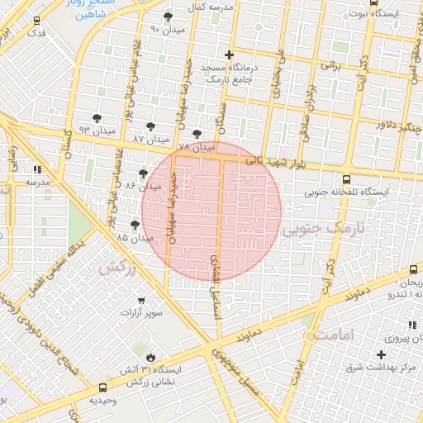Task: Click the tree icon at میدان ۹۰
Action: click(x=169, y=17)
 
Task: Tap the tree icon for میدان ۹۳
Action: click(x=97, y=118)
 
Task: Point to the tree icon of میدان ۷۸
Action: click(x=196, y=134)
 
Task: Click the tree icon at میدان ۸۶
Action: click(x=144, y=173)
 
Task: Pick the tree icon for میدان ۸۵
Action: click(x=135, y=224)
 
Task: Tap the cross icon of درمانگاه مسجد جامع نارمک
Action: click(x=229, y=55)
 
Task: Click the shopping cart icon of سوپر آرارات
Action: click(x=140, y=302)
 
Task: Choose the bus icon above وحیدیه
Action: click(x=102, y=387)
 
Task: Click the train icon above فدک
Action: click(x=36, y=20)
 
